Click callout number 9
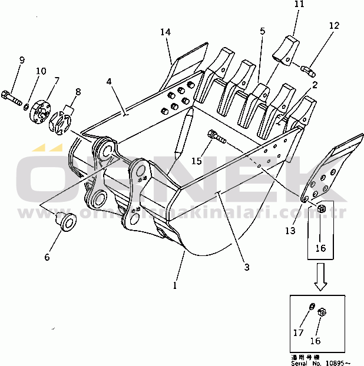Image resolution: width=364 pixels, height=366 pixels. (x=22, y=60)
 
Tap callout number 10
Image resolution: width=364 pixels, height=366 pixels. (x=41, y=72)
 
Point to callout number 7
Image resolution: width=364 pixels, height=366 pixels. (x=57, y=81)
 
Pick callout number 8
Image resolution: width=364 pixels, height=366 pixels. (x=78, y=91)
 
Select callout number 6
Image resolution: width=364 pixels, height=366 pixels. (x=48, y=257)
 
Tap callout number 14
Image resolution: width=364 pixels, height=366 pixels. (x=166, y=33)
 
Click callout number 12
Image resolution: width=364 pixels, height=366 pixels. (x=335, y=25)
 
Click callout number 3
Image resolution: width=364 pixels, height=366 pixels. (x=246, y=267)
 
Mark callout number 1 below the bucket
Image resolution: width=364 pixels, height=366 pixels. (x=174, y=286)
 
